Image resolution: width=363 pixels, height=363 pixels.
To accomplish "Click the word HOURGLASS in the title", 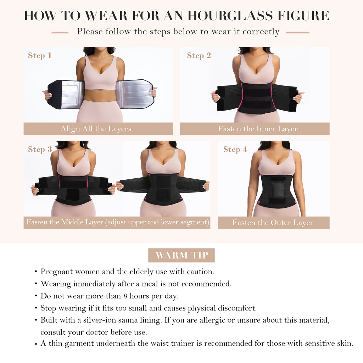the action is pyautogui.click(x=230, y=16).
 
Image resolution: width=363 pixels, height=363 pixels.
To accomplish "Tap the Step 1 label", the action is pyautogui.click(x=40, y=56).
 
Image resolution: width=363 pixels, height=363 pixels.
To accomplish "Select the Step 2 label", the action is pyautogui.click(x=199, y=56).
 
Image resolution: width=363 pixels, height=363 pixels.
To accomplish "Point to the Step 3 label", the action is pyautogui.click(x=40, y=150).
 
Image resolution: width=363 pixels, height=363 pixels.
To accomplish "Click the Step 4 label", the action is pyautogui.click(x=235, y=150).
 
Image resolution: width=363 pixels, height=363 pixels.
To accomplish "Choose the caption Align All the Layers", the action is pyautogui.click(x=96, y=129).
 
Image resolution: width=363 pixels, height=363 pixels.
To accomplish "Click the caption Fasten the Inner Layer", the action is pyautogui.click(x=258, y=129).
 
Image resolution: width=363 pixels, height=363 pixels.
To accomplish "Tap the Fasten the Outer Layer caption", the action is pyautogui.click(x=273, y=223).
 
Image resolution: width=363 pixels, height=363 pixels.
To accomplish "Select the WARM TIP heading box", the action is pyautogui.click(x=181, y=255).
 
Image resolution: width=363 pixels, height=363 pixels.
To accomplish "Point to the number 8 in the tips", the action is pyautogui.click(x=125, y=296).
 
